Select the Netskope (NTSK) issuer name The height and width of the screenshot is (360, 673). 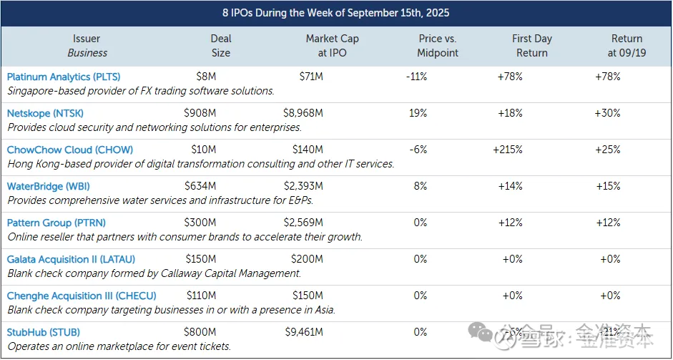pos(45,113)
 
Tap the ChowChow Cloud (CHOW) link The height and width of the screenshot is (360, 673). pos(70,150)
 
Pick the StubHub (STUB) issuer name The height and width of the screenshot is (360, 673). pos(44,332)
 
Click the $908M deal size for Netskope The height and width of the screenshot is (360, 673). pos(200,113)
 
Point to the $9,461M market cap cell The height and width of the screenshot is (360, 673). pos(308,332)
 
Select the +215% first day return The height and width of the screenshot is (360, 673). pos(508,150)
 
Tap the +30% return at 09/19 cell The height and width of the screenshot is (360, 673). pos(609,113)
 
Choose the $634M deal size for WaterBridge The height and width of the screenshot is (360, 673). pos(200,186)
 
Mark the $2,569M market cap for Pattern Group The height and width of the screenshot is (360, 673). pos(308,223)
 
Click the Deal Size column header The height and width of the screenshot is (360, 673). pos(221,45)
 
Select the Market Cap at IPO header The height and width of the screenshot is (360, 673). pos(332,45)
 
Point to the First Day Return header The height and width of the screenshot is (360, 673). pos(531,45)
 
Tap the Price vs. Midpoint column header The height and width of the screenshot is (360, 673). pos(437,45)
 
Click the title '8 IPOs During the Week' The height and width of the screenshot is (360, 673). pos(336,13)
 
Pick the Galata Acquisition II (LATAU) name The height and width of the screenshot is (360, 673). pos(71,259)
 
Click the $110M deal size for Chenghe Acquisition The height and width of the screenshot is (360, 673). pos(200,296)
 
